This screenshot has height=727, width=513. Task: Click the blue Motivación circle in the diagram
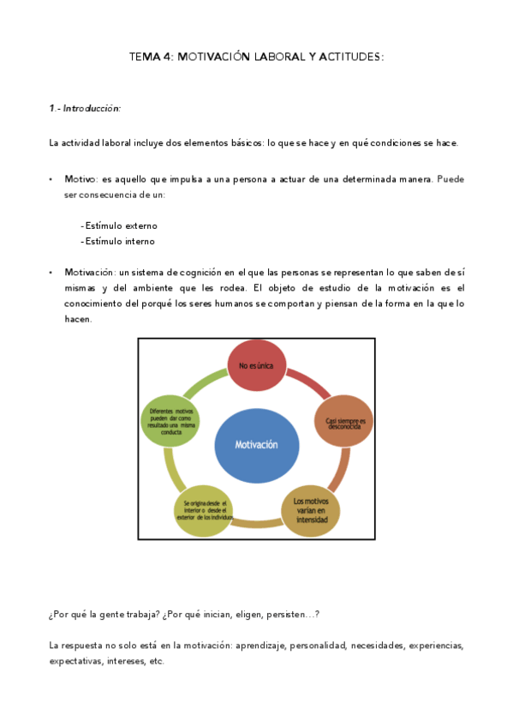click(257, 445)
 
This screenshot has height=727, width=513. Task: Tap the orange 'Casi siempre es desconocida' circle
click(344, 421)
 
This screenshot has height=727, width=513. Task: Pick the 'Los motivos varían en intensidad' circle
click(311, 510)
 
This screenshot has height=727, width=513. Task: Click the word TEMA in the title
click(144, 57)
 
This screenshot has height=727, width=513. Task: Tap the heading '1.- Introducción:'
click(85, 109)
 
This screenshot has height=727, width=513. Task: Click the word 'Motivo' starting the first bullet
click(81, 179)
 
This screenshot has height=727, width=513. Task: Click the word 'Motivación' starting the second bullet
click(91, 272)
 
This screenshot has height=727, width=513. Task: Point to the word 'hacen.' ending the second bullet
click(78, 319)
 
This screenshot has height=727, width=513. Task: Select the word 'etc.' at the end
click(156, 661)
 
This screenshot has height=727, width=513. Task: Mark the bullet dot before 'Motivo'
click(51, 179)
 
